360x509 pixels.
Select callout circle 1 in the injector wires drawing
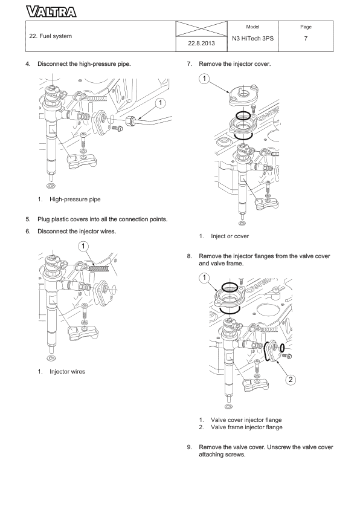coord(83,246)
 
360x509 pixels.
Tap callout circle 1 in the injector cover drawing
coord(205,79)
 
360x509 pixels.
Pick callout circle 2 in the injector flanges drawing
coord(291,380)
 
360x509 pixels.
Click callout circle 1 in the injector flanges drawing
coord(205,277)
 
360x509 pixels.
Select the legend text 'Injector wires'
coord(67,371)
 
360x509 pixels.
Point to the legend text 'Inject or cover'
coord(230,236)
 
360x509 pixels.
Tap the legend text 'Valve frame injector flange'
coord(246,427)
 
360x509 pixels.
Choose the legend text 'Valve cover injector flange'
coord(246,420)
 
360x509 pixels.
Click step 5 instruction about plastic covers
coord(101,219)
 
